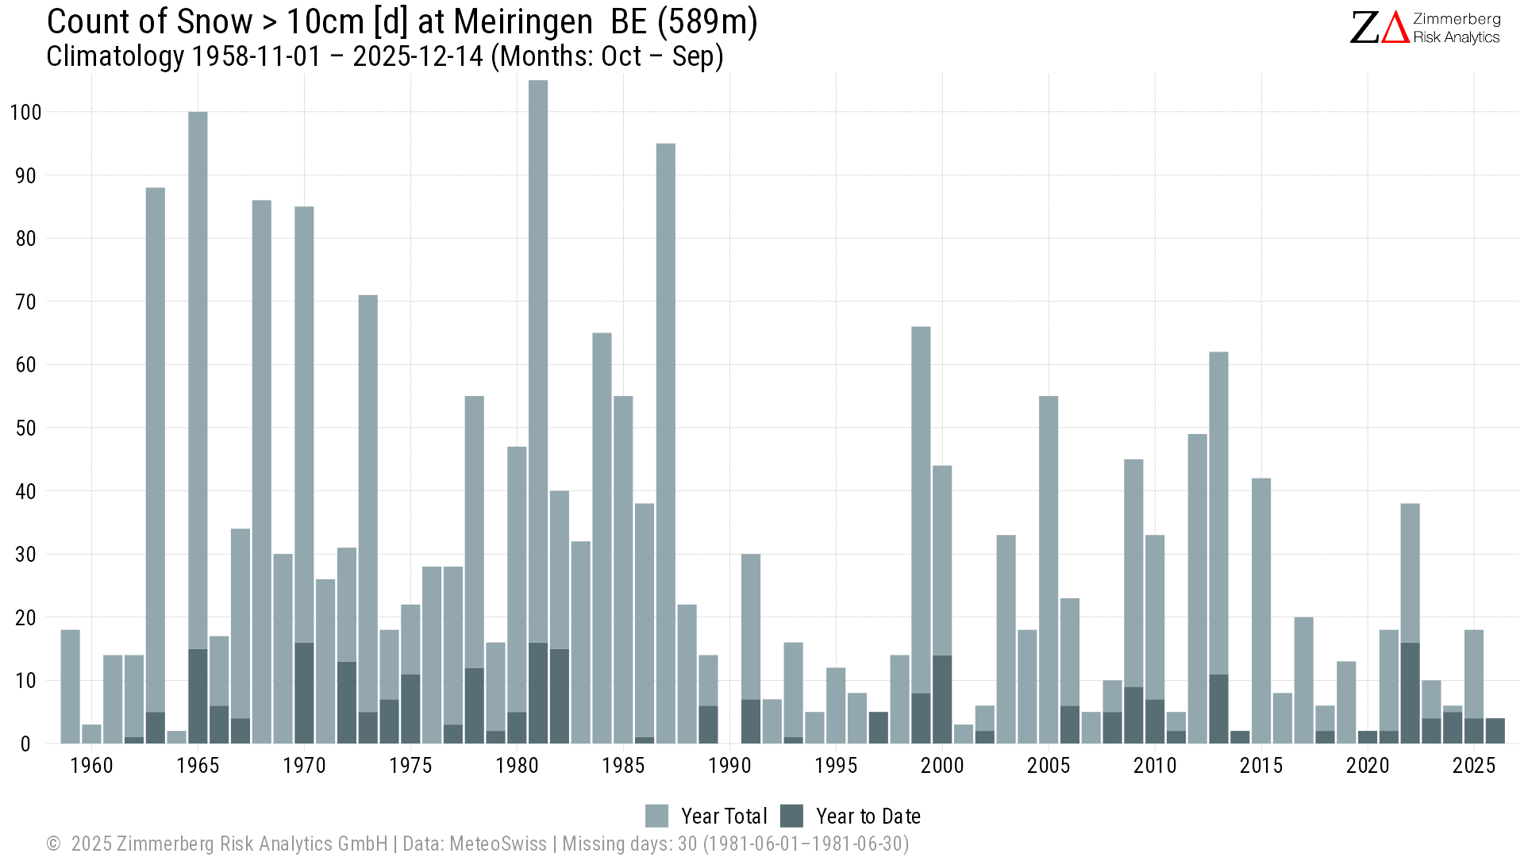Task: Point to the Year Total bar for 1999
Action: tap(921, 508)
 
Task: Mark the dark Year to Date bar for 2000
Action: tap(942, 699)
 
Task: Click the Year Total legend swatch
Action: tap(656, 816)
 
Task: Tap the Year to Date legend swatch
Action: tap(791, 816)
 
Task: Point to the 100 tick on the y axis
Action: tap(25, 112)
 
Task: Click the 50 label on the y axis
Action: tap(25, 428)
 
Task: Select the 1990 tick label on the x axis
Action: tap(729, 766)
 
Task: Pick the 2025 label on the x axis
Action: tap(1474, 766)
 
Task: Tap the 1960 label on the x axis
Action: tap(91, 766)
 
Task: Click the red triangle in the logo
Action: tap(1395, 29)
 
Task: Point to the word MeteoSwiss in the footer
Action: tap(498, 844)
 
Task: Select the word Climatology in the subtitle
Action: tap(115, 57)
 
